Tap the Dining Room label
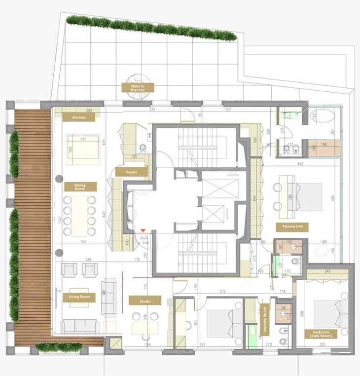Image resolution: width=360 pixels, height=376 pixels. coord(80,187)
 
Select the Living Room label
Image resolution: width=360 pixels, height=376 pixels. coord(79,297)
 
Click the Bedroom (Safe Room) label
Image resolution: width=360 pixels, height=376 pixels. coord(321,334)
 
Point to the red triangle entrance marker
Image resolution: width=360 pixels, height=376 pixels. coord(143,230)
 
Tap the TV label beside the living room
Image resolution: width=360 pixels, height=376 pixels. coord(59,292)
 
